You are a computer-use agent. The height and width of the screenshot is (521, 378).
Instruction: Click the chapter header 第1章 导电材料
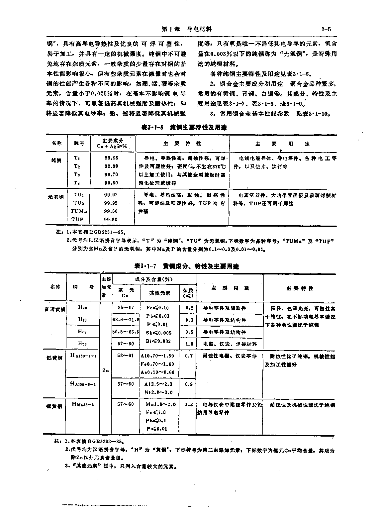pyautogui.click(x=186, y=29)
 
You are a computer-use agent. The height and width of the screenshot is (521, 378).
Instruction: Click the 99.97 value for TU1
pyautogui.click(x=111, y=195)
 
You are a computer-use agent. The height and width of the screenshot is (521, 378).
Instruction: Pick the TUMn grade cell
pyautogui.click(x=79, y=211)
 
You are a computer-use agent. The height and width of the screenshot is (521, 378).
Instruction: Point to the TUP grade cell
pyautogui.click(x=77, y=219)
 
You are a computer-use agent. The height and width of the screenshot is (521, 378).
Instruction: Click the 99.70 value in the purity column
pyautogui.click(x=111, y=174)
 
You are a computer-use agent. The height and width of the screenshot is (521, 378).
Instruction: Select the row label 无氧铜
pyautogui.click(x=55, y=197)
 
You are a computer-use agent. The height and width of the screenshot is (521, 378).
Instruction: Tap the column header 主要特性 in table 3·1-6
pyautogui.click(x=182, y=144)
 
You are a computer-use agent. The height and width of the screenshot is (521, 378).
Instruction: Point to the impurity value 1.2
pyautogui.click(x=189, y=404)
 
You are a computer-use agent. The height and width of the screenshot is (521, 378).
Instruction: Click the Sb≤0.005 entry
pyautogui.click(x=159, y=333)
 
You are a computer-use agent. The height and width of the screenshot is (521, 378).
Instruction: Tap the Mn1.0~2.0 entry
pyautogui.click(x=161, y=404)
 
